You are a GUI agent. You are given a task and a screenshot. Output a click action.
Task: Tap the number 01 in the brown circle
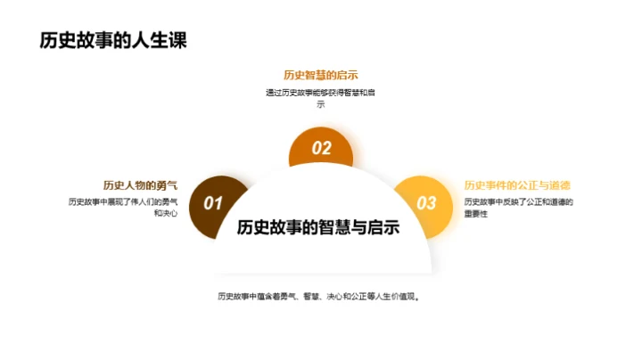(212, 203)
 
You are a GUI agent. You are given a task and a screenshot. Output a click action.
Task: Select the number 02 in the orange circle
(321, 149)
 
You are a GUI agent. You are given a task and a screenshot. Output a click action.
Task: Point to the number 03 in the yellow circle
(427, 203)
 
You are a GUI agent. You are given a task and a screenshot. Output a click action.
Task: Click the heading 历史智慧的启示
(320, 75)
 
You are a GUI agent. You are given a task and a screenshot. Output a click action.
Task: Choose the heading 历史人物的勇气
(140, 185)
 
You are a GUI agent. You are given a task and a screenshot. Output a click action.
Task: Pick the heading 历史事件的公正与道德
(517, 185)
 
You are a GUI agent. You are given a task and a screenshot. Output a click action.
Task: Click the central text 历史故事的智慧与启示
(318, 227)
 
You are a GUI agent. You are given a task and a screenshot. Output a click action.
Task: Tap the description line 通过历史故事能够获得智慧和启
(320, 93)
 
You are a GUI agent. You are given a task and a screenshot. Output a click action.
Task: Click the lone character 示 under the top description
(321, 105)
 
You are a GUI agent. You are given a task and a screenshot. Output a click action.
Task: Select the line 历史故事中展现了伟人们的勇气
(123, 201)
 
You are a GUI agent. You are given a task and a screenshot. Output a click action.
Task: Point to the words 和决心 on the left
(165, 214)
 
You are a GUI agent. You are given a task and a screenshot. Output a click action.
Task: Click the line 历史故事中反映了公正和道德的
(518, 201)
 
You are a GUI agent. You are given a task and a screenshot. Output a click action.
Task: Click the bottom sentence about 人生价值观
(319, 297)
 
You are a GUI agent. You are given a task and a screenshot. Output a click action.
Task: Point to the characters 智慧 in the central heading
(334, 227)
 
